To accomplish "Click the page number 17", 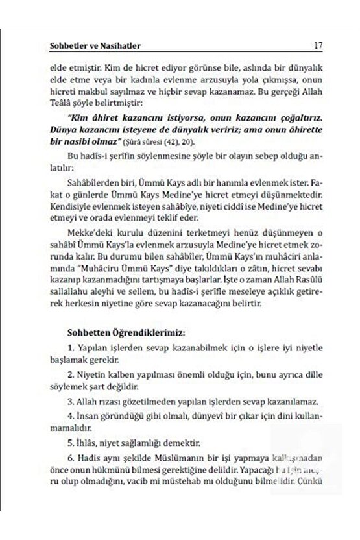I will (318, 46).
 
